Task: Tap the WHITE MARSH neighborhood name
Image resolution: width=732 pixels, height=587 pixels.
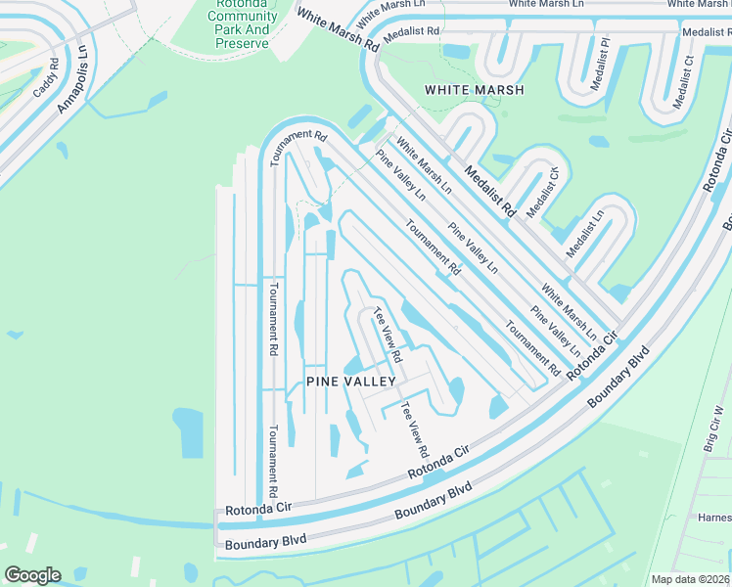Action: tap(475, 90)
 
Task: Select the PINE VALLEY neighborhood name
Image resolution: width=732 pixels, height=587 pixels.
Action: tap(350, 382)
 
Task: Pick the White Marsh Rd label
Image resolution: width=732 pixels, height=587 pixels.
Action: tap(338, 31)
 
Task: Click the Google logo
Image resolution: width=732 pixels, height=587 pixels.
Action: tap(32, 575)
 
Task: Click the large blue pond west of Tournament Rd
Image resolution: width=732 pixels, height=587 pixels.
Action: tap(187, 432)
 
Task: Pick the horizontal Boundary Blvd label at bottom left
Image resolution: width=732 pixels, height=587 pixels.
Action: tap(265, 541)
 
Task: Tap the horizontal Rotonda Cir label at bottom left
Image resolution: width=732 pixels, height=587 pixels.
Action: tap(258, 509)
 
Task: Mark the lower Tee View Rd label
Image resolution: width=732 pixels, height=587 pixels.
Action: tap(414, 430)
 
